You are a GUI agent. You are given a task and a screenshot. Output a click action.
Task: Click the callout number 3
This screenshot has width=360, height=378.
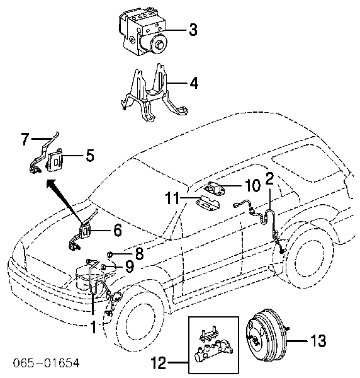click(193, 30)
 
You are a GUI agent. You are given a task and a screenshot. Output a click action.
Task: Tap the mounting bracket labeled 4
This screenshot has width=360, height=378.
click(154, 93)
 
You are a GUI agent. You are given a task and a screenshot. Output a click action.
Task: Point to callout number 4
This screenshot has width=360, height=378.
click(194, 83)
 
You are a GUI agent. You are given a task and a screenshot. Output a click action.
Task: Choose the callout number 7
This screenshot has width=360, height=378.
click(25, 139)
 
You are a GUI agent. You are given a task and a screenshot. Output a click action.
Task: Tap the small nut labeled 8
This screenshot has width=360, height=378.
click(110, 253)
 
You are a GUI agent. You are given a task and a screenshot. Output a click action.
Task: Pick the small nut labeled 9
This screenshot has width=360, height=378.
click(104, 267)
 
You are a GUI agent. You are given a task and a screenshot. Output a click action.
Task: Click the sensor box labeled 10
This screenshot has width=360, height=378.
click(213, 187)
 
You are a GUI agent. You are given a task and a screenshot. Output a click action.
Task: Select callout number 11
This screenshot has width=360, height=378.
click(172, 198)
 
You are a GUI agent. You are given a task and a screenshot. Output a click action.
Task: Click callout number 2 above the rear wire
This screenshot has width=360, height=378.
click(269, 179)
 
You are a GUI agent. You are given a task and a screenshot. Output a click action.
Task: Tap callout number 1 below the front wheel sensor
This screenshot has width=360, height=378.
click(94, 327)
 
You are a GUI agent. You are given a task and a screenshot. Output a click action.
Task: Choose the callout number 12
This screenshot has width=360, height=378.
click(159, 363)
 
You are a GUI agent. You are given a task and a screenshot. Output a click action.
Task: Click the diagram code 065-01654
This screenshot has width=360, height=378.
click(46, 363)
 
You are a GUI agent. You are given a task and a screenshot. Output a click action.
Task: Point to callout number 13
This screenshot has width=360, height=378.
click(318, 341)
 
